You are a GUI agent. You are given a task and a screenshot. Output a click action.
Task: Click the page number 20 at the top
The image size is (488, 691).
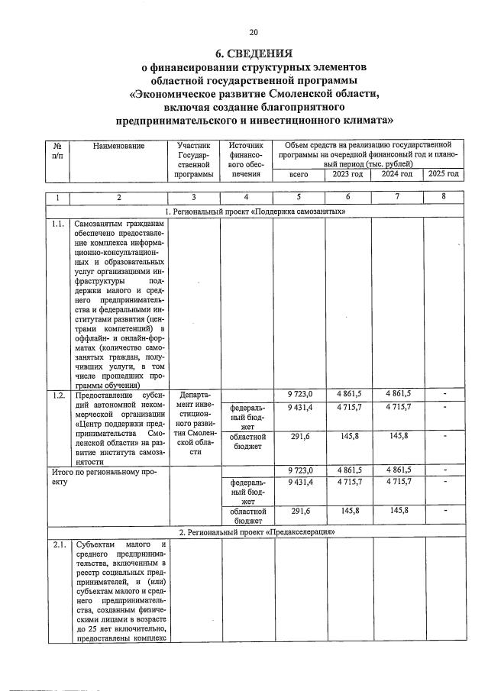click(254, 31)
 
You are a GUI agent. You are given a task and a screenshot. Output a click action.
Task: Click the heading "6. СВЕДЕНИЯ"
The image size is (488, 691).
click(254, 53)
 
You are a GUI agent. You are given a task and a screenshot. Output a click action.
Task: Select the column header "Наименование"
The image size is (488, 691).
click(118, 144)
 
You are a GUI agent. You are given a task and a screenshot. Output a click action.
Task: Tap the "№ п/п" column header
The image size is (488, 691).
click(57, 150)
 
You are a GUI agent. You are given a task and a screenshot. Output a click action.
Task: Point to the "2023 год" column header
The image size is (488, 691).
click(348, 174)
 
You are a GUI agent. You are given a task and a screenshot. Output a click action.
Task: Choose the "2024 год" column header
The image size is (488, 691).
click(396, 174)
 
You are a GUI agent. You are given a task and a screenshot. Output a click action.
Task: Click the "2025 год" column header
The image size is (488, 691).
click(443, 174)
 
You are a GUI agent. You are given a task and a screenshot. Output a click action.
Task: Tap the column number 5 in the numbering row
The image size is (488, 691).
click(300, 198)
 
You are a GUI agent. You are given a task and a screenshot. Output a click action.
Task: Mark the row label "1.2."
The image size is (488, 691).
click(57, 395)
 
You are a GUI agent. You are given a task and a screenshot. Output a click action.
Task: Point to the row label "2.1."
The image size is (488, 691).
click(57, 544)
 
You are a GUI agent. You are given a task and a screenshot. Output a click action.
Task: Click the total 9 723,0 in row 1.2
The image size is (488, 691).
click(300, 394)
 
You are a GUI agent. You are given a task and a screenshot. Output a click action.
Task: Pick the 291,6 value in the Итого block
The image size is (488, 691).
click(300, 511)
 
